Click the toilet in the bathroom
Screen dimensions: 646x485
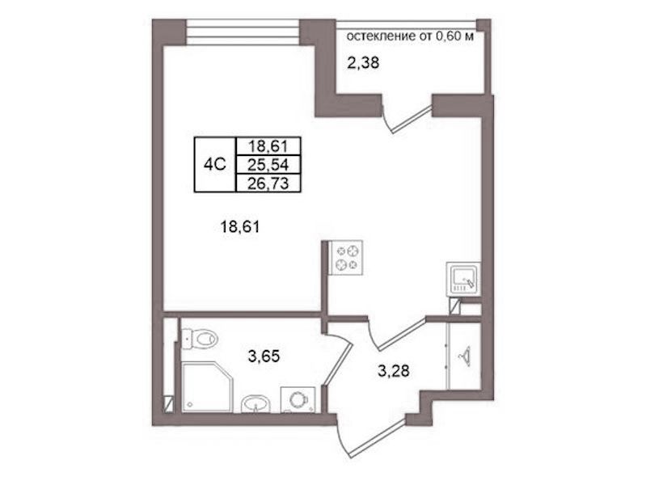200,339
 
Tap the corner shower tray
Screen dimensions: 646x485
207,386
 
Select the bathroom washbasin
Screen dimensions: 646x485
255,404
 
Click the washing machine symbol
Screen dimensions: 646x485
298,399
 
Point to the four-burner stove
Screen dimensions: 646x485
345,258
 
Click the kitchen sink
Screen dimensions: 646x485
463,280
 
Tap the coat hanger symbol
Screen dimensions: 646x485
464,355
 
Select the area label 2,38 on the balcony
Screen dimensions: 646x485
362,64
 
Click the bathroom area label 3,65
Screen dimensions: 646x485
264,356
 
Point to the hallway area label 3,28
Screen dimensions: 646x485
394,371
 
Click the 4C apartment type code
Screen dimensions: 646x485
214,165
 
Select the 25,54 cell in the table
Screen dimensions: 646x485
268,165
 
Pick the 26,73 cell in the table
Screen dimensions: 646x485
268,183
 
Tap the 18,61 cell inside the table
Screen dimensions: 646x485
268,146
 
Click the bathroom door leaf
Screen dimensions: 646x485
337,363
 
